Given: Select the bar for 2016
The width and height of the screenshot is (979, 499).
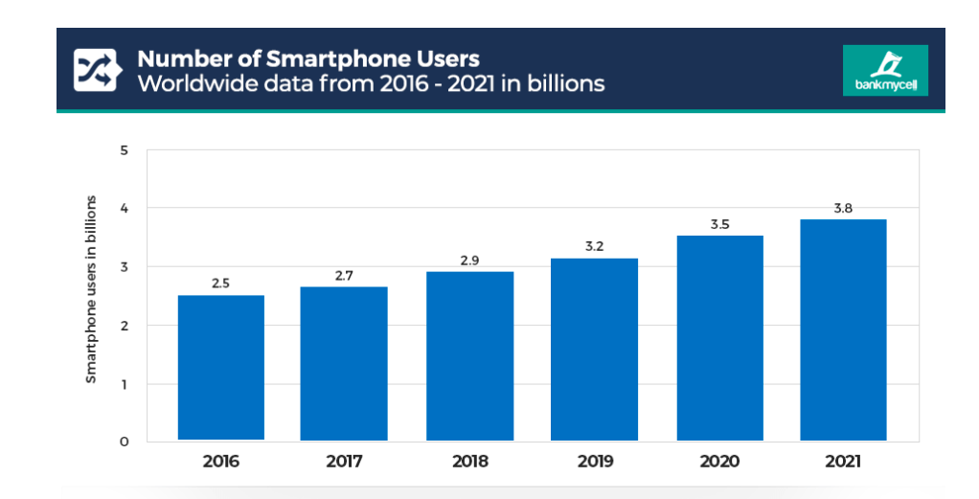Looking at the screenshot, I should tap(221, 368).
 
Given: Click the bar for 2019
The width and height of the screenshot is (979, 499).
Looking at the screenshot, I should tap(595, 350).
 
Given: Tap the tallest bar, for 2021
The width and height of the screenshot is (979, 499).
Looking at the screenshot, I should tap(843, 329).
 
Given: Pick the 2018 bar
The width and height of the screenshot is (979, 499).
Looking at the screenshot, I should tap(469, 356).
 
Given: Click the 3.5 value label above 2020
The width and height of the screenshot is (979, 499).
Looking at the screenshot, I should tap(719, 223).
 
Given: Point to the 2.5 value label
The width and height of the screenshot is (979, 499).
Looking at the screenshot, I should tap(221, 283).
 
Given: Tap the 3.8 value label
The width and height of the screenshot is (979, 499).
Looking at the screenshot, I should tap(843, 208).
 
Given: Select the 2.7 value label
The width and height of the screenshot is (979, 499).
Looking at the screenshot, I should tap(344, 274).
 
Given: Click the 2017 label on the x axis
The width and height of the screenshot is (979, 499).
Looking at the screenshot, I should tap(344, 462).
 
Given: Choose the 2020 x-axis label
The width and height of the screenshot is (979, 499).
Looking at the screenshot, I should tap(719, 462).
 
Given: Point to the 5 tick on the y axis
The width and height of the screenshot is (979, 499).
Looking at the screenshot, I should tap(124, 149).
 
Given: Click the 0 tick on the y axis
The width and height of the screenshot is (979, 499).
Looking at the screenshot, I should tap(124, 442).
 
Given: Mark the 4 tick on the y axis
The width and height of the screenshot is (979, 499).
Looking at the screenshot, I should tap(124, 208).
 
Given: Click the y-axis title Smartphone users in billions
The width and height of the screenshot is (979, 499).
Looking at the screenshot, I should tap(92, 289).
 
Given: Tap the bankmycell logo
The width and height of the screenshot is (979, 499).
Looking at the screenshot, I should tap(884, 71).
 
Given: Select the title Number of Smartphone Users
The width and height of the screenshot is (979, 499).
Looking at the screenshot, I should tap(308, 59).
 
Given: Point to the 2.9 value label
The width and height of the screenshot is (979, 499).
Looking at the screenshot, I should tap(469, 260).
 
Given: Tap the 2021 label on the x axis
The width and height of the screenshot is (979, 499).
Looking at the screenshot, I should tap(843, 462).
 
